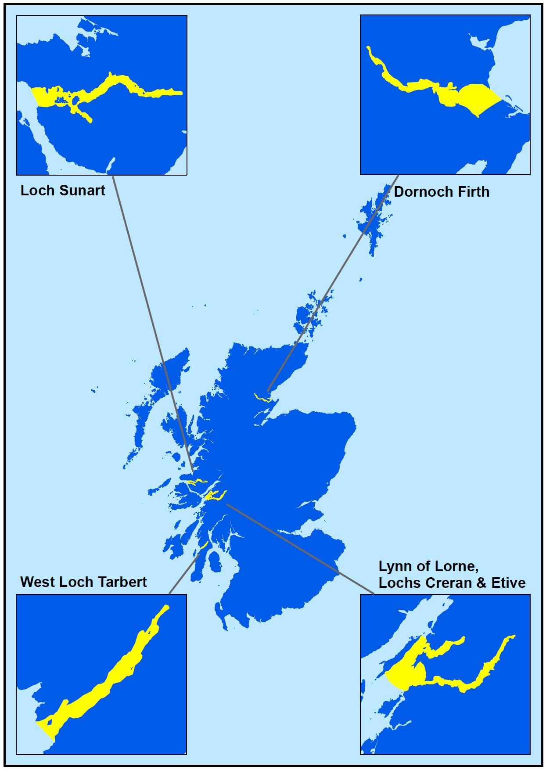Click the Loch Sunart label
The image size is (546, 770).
(x=63, y=191)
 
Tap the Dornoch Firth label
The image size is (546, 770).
(x=442, y=192)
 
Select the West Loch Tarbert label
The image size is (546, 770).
(x=83, y=582)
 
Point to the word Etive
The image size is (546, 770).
(x=508, y=583)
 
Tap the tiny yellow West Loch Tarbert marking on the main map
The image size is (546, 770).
(x=204, y=545)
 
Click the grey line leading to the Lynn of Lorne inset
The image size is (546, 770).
(x=298, y=549)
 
